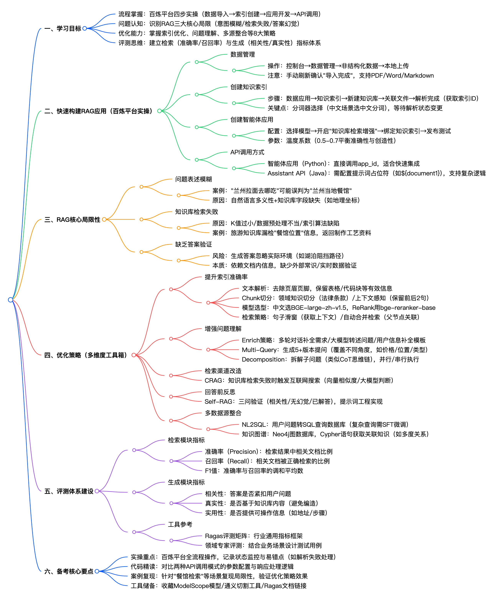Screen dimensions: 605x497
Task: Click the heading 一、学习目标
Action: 63,28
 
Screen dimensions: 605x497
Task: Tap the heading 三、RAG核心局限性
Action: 72,219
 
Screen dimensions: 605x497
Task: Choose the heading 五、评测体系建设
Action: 69,491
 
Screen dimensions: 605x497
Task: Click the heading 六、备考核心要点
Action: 69,571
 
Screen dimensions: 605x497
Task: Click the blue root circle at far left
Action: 11,300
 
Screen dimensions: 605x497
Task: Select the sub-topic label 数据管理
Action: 243,54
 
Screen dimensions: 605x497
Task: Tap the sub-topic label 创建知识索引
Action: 248,87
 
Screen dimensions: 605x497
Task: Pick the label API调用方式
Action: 247,152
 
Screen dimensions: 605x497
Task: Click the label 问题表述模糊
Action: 194,179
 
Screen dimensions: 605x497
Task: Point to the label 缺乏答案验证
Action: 194,244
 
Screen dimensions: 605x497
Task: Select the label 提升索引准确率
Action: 226,277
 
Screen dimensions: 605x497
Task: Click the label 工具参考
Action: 180,524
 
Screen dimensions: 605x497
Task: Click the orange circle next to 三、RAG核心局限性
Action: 104,219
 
